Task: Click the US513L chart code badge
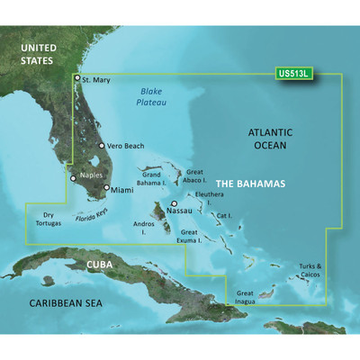point(293,74)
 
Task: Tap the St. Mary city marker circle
point(76,78)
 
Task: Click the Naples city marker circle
point(75,178)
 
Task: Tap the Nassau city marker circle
point(174,204)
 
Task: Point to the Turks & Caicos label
point(312,269)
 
